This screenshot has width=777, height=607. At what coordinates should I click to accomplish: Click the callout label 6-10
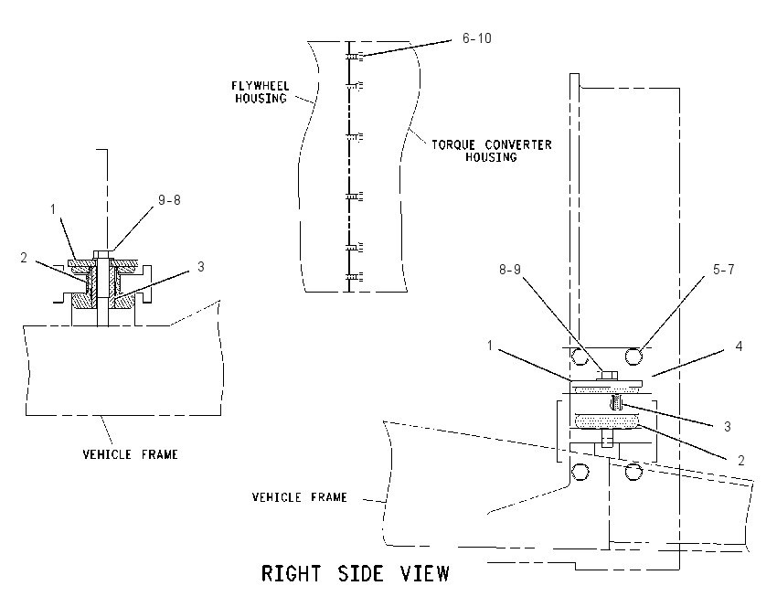(x=476, y=38)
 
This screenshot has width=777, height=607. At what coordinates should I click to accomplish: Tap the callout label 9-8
(x=169, y=200)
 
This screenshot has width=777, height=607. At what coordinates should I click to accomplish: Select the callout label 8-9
(x=510, y=270)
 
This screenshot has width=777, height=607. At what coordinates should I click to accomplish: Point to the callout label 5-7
(x=723, y=270)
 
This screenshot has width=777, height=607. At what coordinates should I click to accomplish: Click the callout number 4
(x=739, y=346)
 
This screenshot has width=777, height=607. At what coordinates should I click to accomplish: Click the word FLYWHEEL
(x=261, y=86)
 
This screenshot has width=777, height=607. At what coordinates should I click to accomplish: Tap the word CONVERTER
(x=518, y=145)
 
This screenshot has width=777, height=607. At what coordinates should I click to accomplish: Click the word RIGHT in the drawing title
(x=291, y=573)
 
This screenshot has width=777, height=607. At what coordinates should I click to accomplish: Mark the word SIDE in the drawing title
(x=360, y=573)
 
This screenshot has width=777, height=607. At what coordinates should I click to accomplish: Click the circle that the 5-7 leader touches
(x=633, y=356)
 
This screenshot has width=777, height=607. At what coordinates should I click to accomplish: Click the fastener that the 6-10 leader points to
(x=354, y=58)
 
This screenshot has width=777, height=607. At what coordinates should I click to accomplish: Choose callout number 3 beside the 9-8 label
(x=201, y=267)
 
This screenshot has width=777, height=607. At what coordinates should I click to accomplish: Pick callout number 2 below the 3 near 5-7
(x=740, y=461)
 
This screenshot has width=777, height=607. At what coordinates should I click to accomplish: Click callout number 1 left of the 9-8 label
(x=53, y=209)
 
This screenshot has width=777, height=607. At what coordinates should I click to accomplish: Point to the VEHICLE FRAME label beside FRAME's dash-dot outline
(x=299, y=497)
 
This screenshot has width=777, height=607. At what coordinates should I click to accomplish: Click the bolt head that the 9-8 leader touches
(x=103, y=254)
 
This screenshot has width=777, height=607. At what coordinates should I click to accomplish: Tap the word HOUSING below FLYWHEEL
(x=261, y=99)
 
